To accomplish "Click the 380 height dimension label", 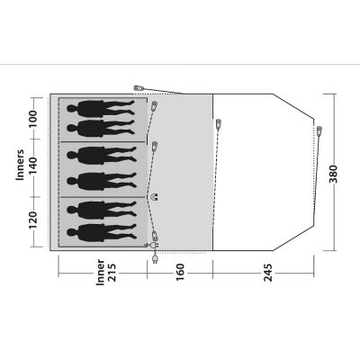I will [x=335, y=171].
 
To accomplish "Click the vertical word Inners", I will [x=19, y=165].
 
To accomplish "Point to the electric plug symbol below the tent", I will [x=156, y=261].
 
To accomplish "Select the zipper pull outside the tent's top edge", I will [x=138, y=88].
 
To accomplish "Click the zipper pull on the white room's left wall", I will [x=218, y=127].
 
